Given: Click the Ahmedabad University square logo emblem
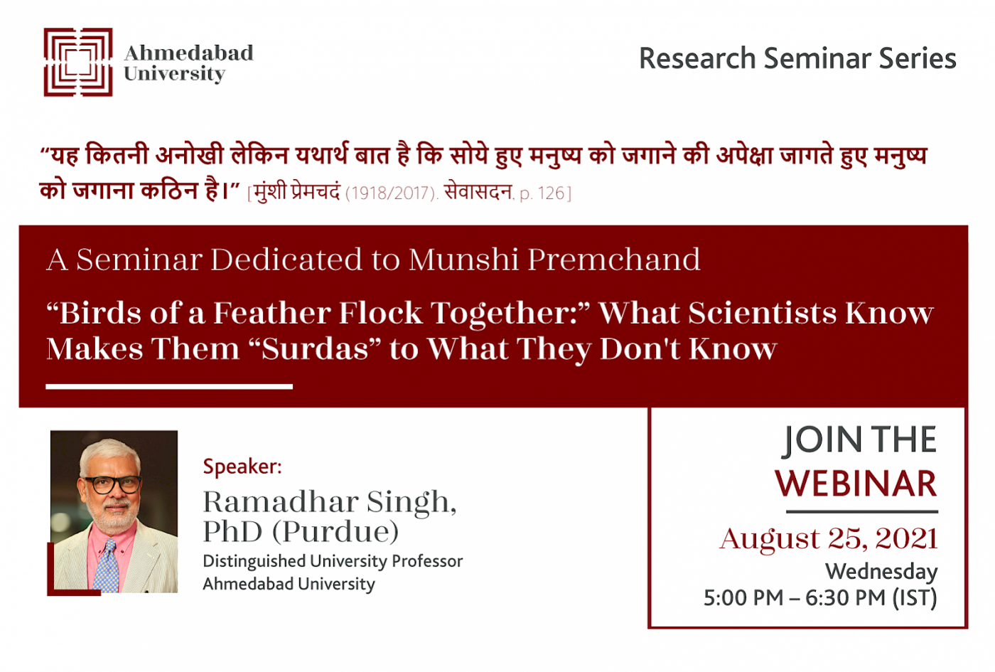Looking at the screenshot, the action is point(77,63).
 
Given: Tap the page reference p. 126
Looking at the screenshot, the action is point(542,193).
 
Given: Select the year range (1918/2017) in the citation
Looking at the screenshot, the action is point(392,193).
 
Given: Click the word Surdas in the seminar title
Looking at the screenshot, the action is point(314,349).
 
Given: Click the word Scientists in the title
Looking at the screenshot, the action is point(762,313).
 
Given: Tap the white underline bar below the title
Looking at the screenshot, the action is point(169,387).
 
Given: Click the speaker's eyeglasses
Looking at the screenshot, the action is point(113,484).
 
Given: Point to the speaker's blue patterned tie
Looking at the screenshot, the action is point(107,567).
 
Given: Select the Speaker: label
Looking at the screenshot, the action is point(242,467).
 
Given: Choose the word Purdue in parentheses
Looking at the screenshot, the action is point(335,532).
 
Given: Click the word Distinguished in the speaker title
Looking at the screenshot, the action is point(254,562).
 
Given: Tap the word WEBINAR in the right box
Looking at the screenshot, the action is point(856,484).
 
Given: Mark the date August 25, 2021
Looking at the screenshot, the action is point(829,539).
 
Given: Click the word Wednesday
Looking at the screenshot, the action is point(881,572).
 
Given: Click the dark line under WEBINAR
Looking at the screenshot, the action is point(862,511).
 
